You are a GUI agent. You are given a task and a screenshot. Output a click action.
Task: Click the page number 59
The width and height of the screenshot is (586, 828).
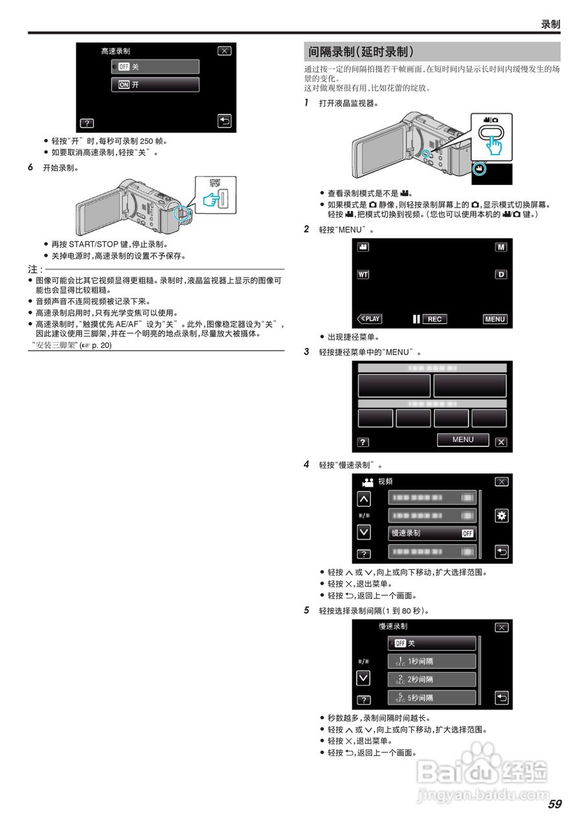click(554, 804)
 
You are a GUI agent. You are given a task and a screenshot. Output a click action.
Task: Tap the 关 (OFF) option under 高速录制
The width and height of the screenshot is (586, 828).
click(155, 67)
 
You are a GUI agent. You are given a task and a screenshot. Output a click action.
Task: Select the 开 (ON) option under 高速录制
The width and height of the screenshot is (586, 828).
click(155, 85)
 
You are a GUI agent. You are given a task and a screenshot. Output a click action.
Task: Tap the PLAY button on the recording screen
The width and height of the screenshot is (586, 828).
click(370, 319)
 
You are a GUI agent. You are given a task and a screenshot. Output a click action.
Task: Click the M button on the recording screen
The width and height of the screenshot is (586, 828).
click(501, 247)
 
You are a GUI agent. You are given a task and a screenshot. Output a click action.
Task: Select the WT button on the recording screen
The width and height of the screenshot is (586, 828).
click(363, 274)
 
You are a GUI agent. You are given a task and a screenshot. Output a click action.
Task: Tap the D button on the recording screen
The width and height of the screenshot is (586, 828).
click(501, 274)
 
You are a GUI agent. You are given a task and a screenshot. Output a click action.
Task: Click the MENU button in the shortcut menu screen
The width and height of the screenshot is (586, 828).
click(463, 440)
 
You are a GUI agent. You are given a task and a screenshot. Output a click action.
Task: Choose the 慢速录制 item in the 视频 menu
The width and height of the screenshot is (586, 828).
click(432, 534)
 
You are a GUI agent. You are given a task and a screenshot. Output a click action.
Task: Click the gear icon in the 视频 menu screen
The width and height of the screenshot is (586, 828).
click(501, 516)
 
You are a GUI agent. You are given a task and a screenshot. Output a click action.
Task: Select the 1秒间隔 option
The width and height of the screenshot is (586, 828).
click(432, 662)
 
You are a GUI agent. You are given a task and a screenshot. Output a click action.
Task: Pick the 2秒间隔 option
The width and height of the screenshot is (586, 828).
click(432, 680)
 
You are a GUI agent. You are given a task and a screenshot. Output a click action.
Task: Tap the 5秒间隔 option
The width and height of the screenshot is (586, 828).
click(432, 698)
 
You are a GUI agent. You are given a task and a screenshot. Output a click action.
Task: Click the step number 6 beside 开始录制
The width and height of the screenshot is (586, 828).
click(30, 167)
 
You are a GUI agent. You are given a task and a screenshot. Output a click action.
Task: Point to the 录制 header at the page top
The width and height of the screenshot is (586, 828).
click(550, 25)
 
